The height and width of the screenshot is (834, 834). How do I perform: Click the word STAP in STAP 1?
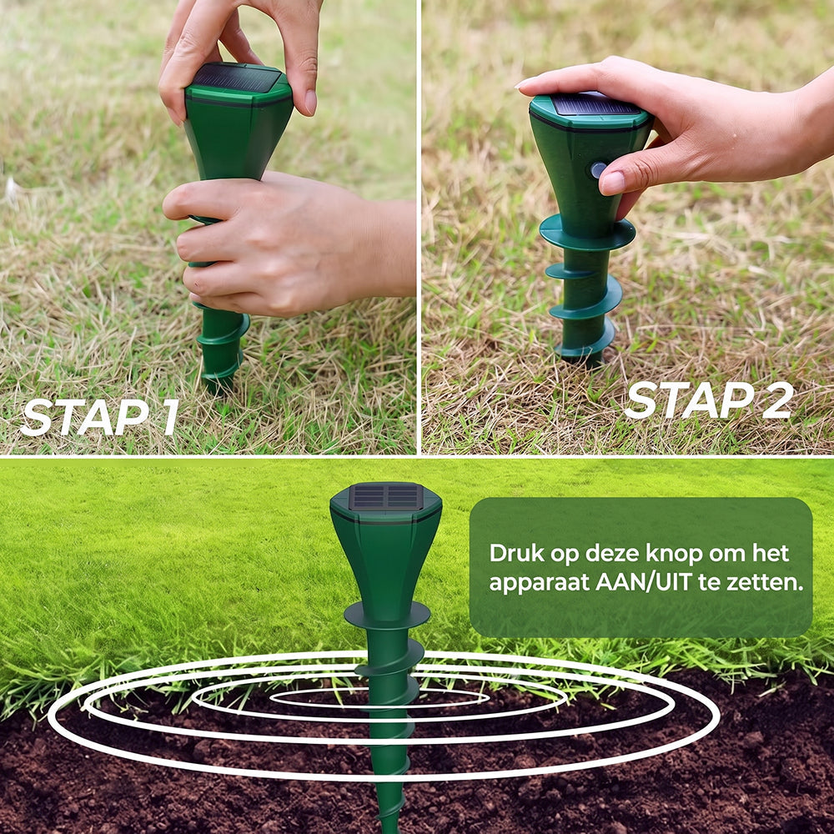point(83,417)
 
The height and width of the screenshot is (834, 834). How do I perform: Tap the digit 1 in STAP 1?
point(168,417)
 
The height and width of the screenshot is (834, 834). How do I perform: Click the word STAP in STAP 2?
point(688,400)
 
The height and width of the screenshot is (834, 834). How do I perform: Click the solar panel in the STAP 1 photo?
point(237,77)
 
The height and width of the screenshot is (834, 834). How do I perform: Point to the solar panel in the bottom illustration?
point(387,496)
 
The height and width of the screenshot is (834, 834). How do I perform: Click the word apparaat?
point(538,584)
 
